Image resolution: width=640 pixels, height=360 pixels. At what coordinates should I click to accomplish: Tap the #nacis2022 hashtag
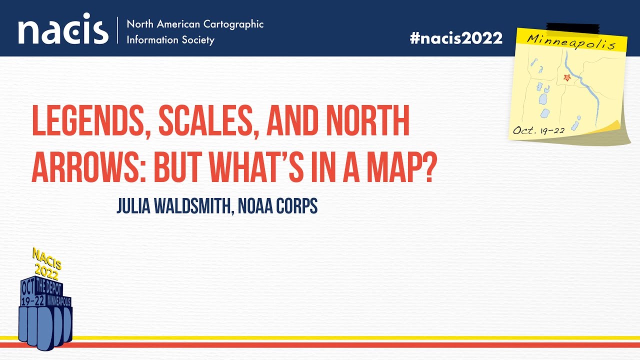[456, 38]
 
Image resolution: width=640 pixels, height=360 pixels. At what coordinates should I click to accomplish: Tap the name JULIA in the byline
[132, 206]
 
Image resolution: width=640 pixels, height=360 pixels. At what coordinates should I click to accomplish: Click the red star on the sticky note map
[567, 77]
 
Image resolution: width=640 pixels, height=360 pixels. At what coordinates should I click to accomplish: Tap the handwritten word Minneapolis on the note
[569, 41]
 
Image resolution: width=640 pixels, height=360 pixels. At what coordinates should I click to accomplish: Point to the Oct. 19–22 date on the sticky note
[538, 130]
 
